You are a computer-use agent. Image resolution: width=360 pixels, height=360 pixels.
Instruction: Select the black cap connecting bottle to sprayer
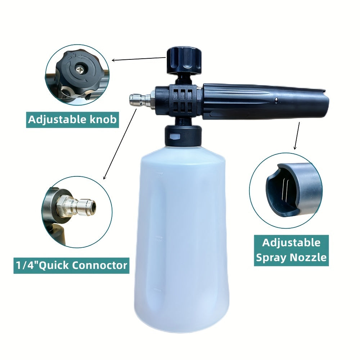182,136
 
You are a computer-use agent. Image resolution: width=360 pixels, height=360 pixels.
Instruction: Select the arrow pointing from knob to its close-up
139,59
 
